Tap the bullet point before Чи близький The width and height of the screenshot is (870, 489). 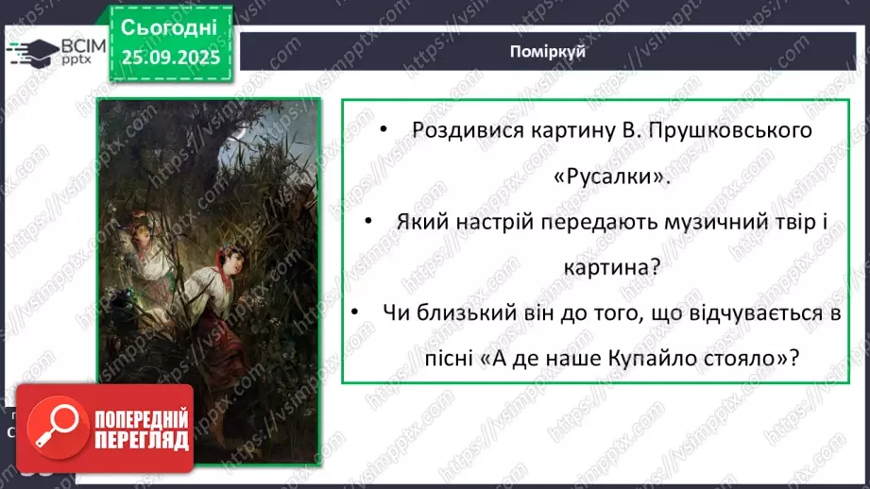point(356,312)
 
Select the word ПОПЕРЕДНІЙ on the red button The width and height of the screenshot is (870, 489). point(140,418)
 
